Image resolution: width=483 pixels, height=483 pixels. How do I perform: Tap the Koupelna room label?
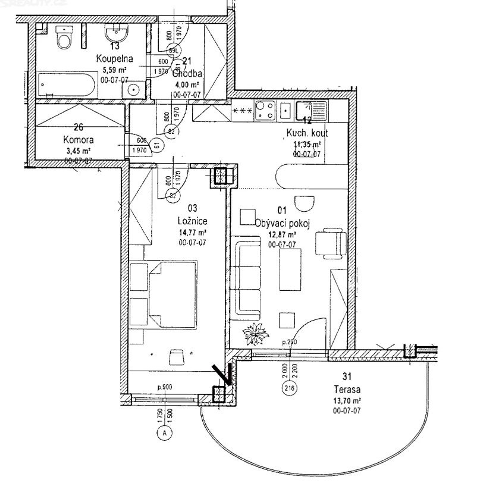click(x=114, y=58)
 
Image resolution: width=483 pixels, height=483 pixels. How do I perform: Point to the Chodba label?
click(x=187, y=74)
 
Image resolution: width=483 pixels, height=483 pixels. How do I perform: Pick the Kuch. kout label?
click(x=307, y=134)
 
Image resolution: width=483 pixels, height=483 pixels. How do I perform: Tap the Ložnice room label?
click(x=192, y=222)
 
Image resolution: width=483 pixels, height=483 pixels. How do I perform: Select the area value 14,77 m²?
click(x=192, y=233)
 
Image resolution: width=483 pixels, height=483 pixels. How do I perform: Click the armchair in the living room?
click(x=330, y=243)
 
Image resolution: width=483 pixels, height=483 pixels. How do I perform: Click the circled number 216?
click(x=290, y=390)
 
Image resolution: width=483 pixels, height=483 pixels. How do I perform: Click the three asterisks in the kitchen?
click(x=242, y=111)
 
